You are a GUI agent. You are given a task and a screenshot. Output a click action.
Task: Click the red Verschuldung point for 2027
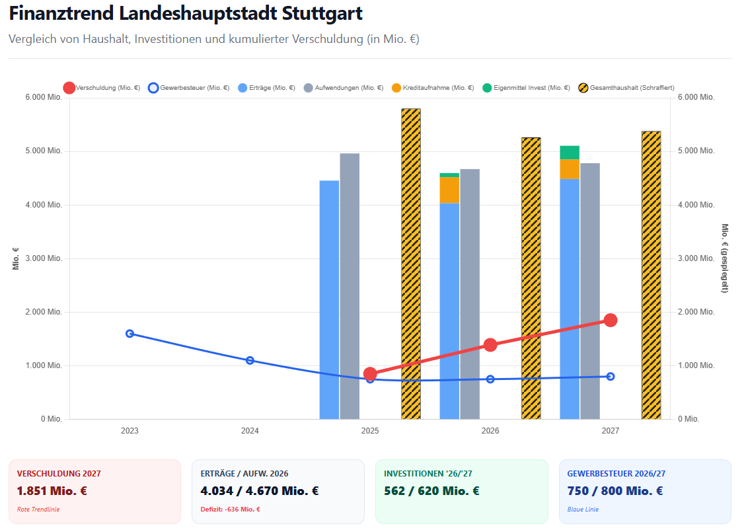point(611,321)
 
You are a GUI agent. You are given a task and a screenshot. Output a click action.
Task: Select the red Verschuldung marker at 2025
point(370,374)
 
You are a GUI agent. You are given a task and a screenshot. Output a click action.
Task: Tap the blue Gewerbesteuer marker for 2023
point(130,334)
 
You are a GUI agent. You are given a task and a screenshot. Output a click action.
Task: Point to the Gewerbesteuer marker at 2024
point(250,360)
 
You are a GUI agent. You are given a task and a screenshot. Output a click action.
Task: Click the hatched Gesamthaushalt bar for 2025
point(411,264)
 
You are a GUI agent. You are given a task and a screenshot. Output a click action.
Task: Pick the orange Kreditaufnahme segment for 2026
point(449,190)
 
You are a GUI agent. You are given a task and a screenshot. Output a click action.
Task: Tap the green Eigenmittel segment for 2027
point(570,153)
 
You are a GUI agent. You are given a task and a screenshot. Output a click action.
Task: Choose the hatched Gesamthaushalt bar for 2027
point(652,275)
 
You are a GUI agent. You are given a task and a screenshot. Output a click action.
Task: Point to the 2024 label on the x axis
point(250,431)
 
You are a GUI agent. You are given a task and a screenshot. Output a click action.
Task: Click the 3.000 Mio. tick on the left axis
point(44,258)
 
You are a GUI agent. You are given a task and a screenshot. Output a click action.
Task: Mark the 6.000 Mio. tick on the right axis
point(696,97)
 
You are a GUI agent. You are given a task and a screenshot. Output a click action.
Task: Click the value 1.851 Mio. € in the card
point(52,491)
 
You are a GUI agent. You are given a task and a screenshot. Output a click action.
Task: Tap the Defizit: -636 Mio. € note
point(230,510)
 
